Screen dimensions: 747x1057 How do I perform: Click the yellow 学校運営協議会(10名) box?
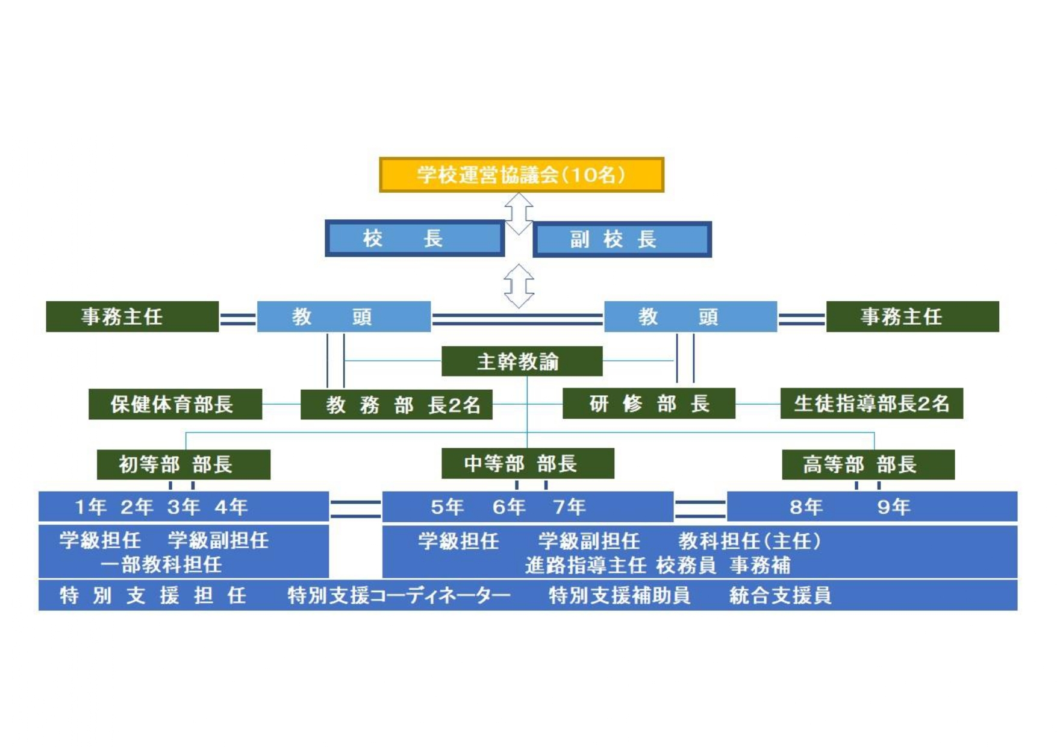[x=521, y=175]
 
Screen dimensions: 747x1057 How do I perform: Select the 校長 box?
[x=414, y=239]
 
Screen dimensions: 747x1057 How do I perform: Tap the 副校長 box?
[x=622, y=239]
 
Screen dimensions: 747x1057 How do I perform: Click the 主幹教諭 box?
[x=522, y=361]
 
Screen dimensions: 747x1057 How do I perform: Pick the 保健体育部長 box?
[x=175, y=404]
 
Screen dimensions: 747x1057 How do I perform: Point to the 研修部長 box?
[x=649, y=404]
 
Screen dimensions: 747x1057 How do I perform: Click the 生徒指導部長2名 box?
[x=871, y=404]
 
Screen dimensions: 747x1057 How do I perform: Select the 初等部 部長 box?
[x=183, y=464]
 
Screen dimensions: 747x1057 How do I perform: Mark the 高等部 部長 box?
[x=868, y=464]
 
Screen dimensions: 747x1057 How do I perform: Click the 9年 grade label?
[x=893, y=507]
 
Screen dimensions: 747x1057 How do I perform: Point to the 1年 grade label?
[x=90, y=507]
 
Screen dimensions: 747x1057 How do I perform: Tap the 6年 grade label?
[x=509, y=507]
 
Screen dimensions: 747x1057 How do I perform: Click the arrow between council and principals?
[x=519, y=213]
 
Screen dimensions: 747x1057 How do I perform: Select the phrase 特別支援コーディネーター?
[x=399, y=596]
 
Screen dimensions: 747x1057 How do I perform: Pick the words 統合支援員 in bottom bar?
[x=780, y=596]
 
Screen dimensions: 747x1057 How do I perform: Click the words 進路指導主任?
[x=585, y=566]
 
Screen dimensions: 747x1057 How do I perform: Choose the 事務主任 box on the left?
[x=132, y=317]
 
